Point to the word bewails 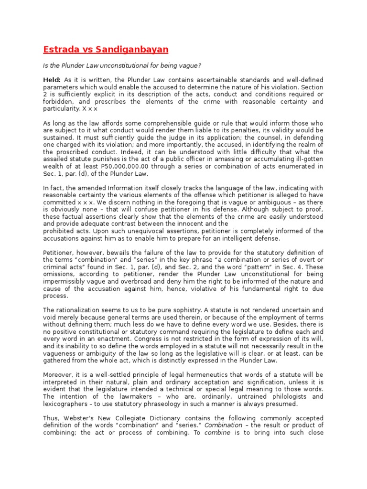[113, 253]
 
